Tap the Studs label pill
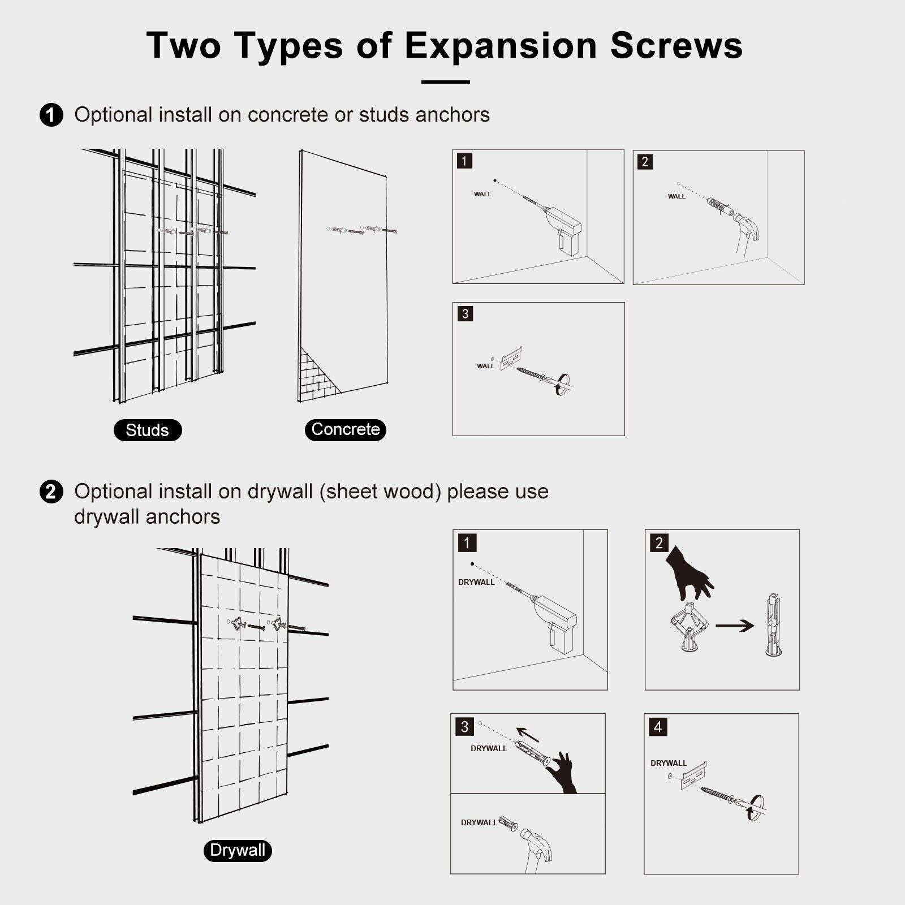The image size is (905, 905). tap(148, 430)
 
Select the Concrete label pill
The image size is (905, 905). tap(346, 429)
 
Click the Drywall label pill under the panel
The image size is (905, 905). tap(238, 850)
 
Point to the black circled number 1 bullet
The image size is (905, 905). tap(51, 115)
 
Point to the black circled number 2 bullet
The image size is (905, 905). tap(51, 491)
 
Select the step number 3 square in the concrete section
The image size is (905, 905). tap(465, 314)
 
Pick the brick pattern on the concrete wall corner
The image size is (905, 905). tap(317, 376)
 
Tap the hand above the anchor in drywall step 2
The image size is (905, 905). tap(689, 574)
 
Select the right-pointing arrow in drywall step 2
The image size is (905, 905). tap(735, 626)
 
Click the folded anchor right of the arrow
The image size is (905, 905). tap(773, 624)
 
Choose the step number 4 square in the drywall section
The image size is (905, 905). tap(657, 727)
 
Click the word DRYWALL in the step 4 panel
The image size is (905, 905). tap(669, 763)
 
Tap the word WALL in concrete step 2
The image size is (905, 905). tap(676, 196)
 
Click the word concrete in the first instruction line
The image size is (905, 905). tap(288, 115)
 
